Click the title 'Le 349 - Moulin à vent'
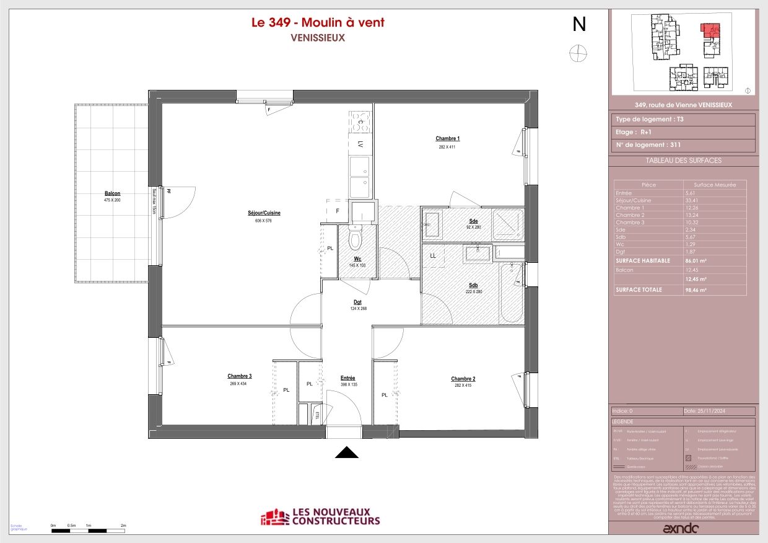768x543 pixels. (317, 22)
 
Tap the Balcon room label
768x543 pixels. (112, 193)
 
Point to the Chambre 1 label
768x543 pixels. (447, 139)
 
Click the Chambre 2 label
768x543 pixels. (463, 379)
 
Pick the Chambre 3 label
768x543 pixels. (239, 376)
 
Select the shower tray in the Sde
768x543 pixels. (508, 224)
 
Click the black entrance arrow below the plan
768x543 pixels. (347, 453)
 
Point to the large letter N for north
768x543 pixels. (578, 24)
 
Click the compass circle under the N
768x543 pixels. (577, 54)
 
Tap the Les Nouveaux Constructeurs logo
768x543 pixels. (320, 517)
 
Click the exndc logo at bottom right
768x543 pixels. (681, 529)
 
